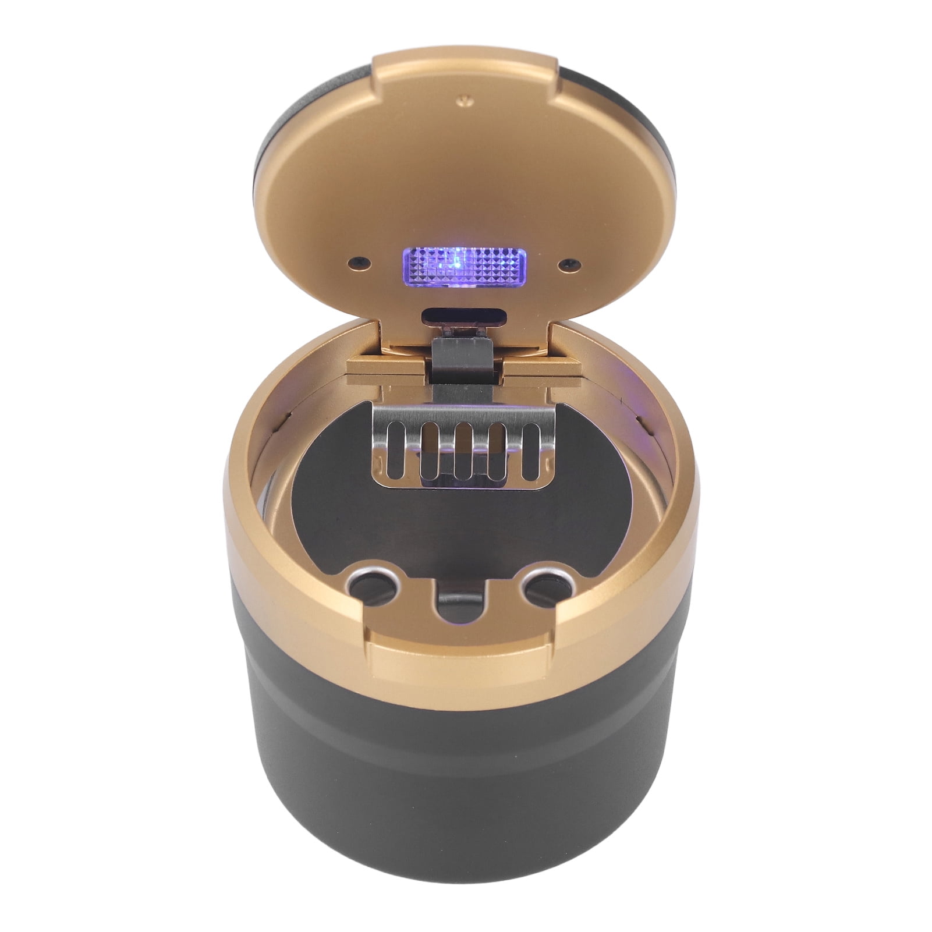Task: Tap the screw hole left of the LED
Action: click(359, 262)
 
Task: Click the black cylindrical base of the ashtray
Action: click(466, 803)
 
